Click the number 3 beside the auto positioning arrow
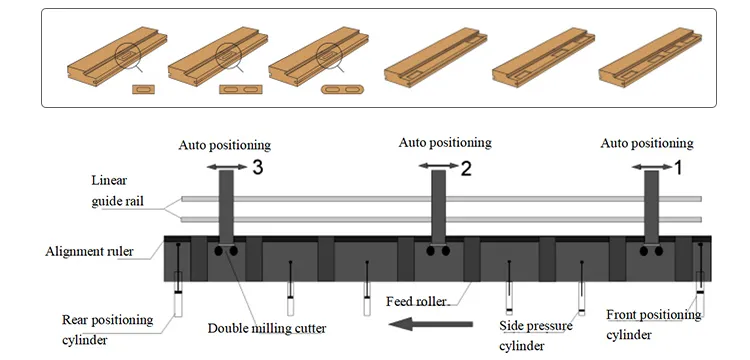point(257,167)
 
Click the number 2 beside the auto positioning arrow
point(465,168)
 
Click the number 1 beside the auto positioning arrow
point(678,167)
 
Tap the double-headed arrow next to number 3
point(227,167)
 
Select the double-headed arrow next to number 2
point(439,166)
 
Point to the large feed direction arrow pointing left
point(430,324)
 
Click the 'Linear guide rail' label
point(117,191)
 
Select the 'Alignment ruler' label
point(89,251)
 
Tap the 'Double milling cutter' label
point(267,328)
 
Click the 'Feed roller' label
point(416,302)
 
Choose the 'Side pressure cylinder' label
point(536,336)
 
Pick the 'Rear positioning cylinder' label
point(108,329)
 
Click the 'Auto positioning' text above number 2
point(445,142)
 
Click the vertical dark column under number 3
point(226,207)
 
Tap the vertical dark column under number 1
point(651,207)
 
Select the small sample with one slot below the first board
point(143,89)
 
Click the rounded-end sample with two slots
point(342,89)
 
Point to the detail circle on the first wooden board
point(127,55)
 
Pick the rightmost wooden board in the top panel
point(650,57)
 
